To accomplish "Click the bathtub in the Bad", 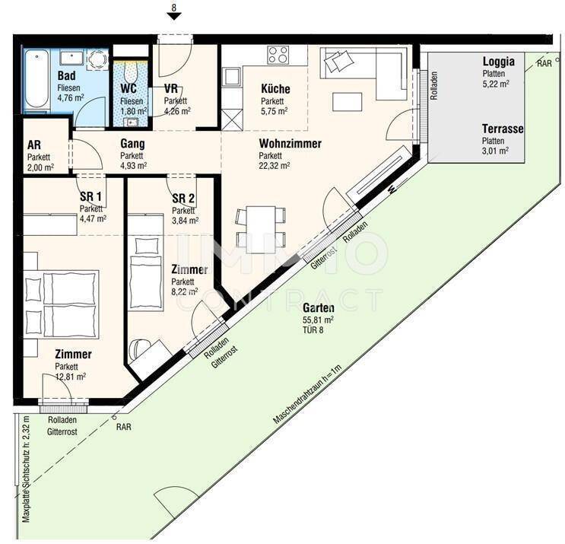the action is point(37,79).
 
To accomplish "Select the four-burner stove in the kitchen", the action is point(278,55).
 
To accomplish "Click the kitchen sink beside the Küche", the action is point(230,76).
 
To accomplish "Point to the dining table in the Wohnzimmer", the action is point(261,230).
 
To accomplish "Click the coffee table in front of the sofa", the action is point(347,102).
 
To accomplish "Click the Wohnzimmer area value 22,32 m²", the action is point(275,165).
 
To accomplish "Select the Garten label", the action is point(318,308).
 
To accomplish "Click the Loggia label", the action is point(498,62).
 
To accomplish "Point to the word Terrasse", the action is point(503,129).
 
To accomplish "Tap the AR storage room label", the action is point(34,145).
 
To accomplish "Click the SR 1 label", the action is point(90,197).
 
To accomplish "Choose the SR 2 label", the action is point(183,199).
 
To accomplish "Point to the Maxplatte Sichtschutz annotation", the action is point(26,469).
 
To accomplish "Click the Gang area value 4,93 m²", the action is point(133,166).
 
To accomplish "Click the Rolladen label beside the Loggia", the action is point(434,86).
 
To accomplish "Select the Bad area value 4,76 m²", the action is point(71,97).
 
